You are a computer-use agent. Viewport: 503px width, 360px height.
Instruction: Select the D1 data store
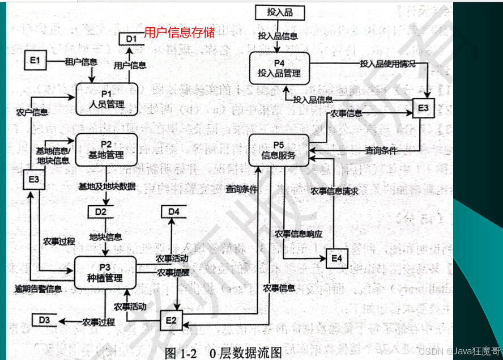click(131, 39)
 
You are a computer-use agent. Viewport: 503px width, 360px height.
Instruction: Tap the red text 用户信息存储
click(179, 32)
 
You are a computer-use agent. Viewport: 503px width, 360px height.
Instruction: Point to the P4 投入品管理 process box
click(279, 68)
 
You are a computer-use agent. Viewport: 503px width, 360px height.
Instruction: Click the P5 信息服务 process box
click(279, 150)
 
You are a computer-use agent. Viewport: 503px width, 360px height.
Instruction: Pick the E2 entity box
click(172, 320)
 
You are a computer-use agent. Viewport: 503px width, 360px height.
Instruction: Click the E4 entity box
click(336, 258)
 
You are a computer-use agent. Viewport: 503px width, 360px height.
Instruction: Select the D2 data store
click(101, 212)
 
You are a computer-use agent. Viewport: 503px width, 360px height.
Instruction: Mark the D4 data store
click(174, 212)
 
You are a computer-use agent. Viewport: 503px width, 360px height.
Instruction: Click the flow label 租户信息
click(81, 61)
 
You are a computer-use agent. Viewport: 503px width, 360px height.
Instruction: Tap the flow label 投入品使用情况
click(387, 64)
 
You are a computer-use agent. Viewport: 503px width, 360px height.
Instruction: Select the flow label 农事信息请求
click(334, 191)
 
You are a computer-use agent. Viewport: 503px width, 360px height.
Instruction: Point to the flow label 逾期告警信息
click(39, 289)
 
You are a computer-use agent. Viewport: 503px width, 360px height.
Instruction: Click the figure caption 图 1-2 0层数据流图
click(223, 352)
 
